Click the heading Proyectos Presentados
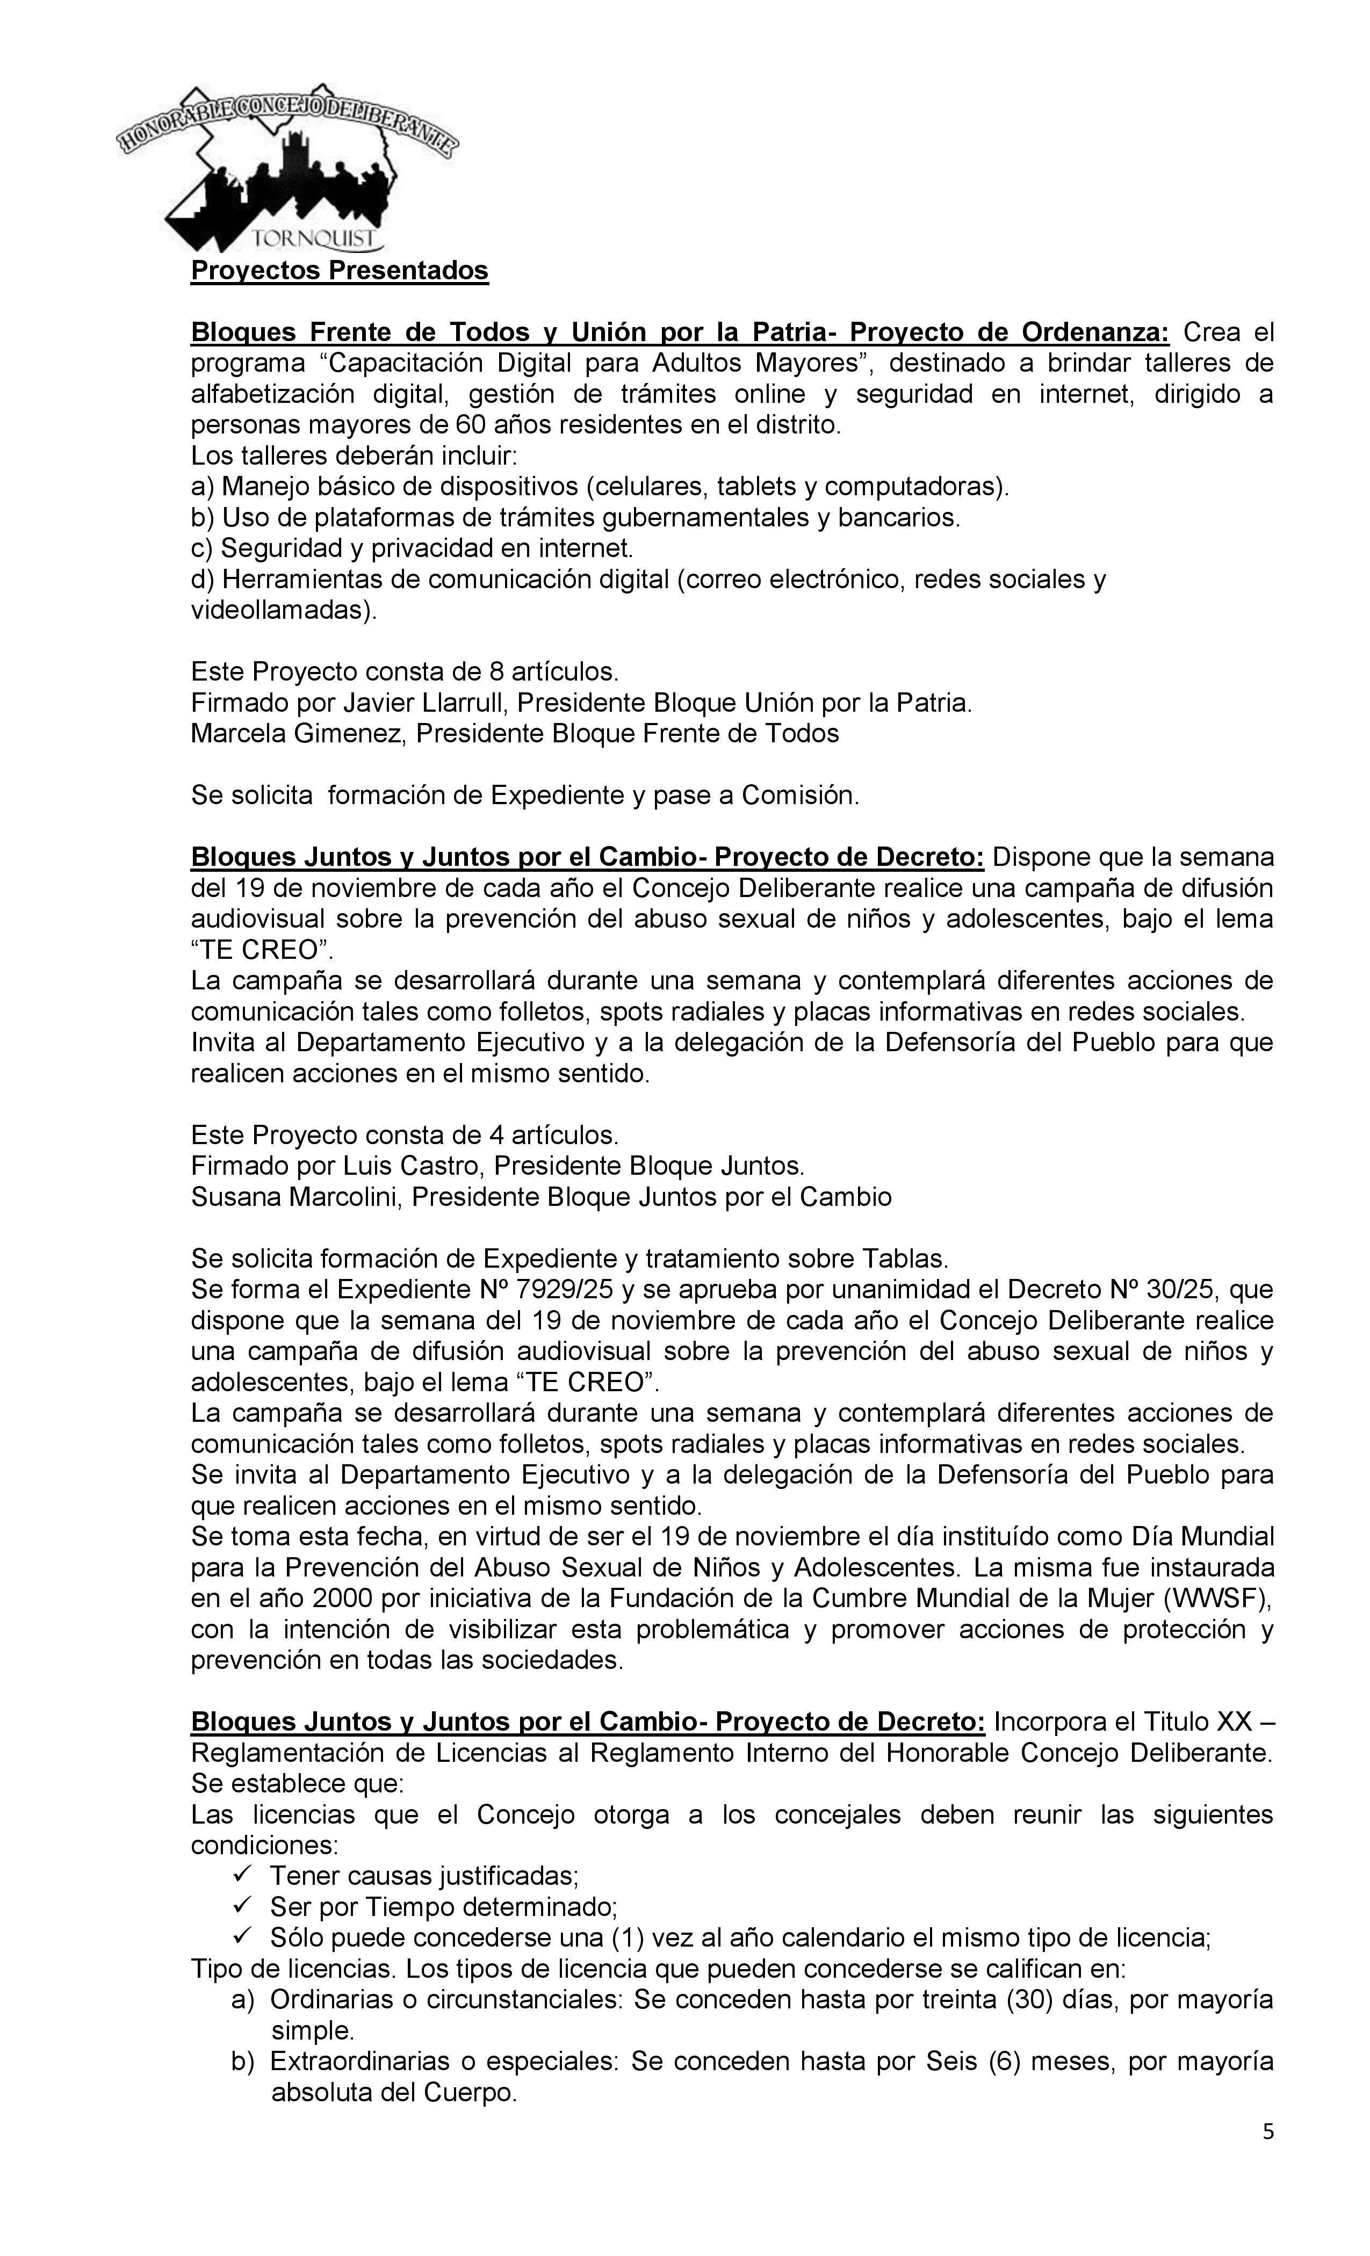point(339,272)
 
